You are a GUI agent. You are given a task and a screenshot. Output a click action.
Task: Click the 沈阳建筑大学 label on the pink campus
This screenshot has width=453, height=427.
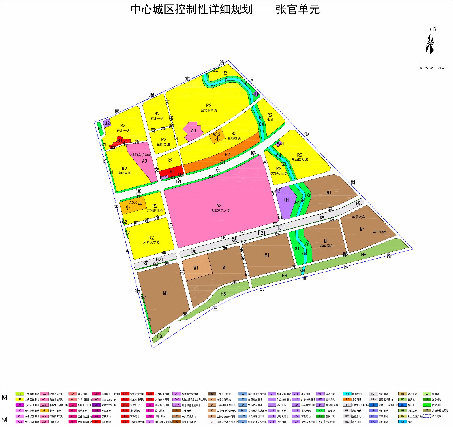tap(220, 210)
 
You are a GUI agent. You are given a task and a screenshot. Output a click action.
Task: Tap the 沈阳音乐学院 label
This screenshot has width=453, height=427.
tap(141, 155)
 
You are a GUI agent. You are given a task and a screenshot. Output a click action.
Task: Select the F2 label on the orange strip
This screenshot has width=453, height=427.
tap(227, 155)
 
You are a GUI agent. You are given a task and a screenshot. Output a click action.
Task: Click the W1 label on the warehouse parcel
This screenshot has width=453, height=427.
tap(196, 268)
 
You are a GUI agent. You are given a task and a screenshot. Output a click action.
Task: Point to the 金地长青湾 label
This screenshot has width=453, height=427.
tap(209, 110)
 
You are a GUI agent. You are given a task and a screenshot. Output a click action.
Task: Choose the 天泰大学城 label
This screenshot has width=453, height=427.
tap(151, 242)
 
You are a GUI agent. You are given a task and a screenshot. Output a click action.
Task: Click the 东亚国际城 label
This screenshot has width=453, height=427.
tap(300, 159)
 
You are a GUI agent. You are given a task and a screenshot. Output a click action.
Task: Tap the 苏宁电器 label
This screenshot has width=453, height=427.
tap(379, 232)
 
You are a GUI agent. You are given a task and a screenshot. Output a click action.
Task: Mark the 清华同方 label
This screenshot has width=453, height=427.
tap(326, 246)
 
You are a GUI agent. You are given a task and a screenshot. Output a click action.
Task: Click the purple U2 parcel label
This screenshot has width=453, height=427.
tap(107, 123)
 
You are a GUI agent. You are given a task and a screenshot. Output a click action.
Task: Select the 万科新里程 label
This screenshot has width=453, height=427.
tap(155, 210)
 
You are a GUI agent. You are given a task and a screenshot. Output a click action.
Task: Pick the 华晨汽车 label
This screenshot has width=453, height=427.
tap(358, 217)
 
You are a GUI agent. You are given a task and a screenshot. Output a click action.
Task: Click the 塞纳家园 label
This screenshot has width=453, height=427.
tap(124, 173)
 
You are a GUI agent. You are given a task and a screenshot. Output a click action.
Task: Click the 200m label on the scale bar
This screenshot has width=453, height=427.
tap(441, 68)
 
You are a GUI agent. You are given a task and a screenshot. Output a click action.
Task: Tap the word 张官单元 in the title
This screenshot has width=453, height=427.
tap(298, 10)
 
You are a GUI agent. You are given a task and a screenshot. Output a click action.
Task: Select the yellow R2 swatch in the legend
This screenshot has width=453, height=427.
tap(20, 399)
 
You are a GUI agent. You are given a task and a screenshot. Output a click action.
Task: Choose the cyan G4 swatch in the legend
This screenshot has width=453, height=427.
tap(347, 394)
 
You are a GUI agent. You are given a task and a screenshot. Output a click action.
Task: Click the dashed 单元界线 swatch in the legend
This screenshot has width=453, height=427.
tap(427, 416)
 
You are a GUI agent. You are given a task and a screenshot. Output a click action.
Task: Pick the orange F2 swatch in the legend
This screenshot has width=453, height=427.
tap(347, 399)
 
